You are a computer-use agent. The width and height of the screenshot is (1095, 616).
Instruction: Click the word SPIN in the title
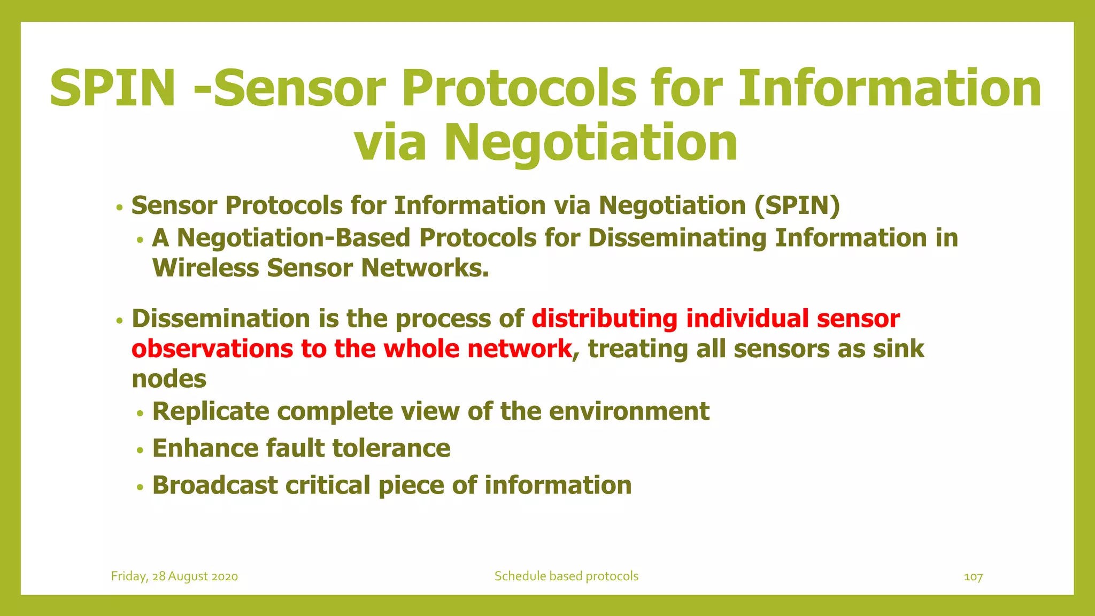pyautogui.click(x=113, y=88)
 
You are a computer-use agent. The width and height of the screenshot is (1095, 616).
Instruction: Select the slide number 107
pyautogui.click(x=973, y=576)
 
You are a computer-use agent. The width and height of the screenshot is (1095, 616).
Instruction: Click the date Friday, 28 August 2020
pyautogui.click(x=174, y=576)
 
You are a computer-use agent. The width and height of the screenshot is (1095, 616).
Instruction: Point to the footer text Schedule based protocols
pyautogui.click(x=566, y=576)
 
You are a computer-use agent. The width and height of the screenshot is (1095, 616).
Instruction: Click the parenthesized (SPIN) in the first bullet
pyautogui.click(x=797, y=206)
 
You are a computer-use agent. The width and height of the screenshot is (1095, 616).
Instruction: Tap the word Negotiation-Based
pyautogui.click(x=294, y=238)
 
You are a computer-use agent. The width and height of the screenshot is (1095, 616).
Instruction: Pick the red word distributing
pyautogui.click(x=605, y=319)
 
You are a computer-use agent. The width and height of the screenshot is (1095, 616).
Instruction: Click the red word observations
pyautogui.click(x=212, y=349)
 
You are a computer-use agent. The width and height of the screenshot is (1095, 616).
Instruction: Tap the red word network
pyautogui.click(x=519, y=349)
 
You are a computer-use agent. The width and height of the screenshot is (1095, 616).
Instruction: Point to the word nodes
pyautogui.click(x=169, y=379)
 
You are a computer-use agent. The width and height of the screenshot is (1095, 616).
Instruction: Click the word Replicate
pyautogui.click(x=211, y=411)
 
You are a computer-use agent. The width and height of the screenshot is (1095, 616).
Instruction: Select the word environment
pyautogui.click(x=629, y=411)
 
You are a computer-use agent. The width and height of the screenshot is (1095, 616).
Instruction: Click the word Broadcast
pyautogui.click(x=215, y=485)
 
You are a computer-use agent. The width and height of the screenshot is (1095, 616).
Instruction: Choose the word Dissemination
pyautogui.click(x=221, y=319)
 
